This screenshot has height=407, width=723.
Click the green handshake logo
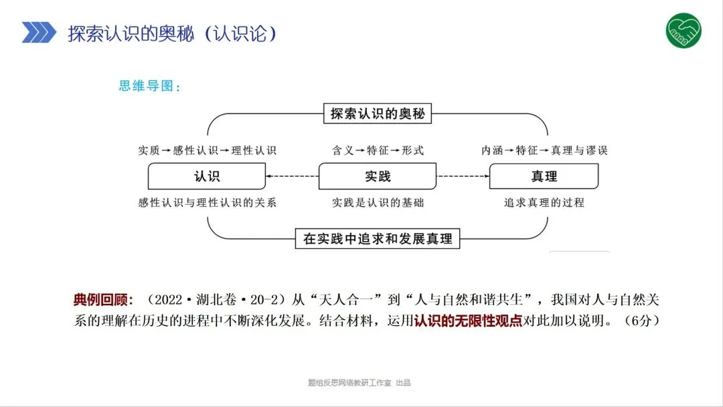point(684,31)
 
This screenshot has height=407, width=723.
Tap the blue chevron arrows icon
point(39,31)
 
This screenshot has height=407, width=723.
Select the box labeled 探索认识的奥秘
point(378,114)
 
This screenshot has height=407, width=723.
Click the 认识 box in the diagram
point(206,176)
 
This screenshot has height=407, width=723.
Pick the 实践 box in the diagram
point(378,176)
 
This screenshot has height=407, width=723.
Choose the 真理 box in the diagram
point(544,176)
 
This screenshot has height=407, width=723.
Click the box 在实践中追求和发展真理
point(378,238)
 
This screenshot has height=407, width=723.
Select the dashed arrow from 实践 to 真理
point(463,176)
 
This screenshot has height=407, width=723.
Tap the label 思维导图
point(149,86)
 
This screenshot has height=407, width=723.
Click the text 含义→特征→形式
point(378,150)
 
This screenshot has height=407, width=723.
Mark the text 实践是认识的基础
point(378,202)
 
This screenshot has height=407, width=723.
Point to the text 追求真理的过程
point(544,202)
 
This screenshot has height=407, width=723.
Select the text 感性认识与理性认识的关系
point(207,202)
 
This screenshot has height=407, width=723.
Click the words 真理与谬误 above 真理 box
point(579,150)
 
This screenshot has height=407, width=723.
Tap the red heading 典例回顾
point(104,299)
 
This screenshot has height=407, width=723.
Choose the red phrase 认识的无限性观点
point(467,320)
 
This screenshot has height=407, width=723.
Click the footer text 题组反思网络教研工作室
point(348,383)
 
